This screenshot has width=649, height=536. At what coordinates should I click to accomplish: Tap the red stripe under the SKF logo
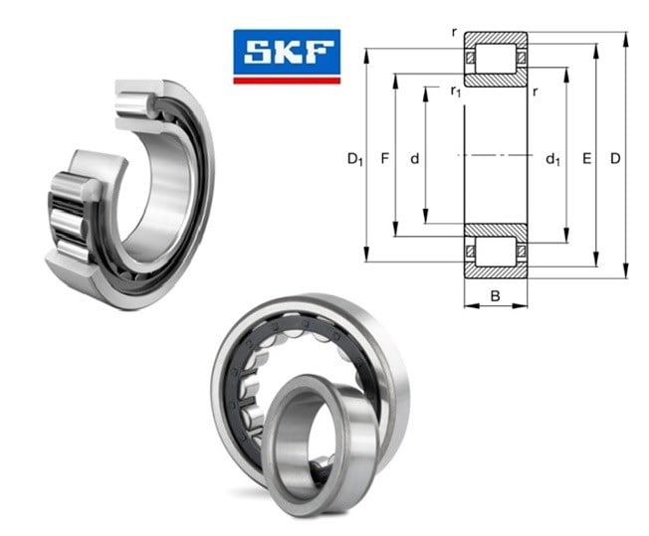coord(287,81)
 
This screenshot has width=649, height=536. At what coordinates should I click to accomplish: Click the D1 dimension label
coord(354,159)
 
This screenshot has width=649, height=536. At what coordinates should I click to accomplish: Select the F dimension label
coord(385,158)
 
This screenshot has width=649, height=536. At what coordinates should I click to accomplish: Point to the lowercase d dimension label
coord(415,158)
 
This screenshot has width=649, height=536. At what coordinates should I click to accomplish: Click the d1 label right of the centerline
coord(553,159)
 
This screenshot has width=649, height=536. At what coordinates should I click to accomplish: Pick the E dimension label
coord(586,158)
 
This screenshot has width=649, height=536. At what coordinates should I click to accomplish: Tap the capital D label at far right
coord(615,158)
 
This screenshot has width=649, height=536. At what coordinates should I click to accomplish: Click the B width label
coord(495,296)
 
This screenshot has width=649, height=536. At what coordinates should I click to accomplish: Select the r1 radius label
coord(456,90)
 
